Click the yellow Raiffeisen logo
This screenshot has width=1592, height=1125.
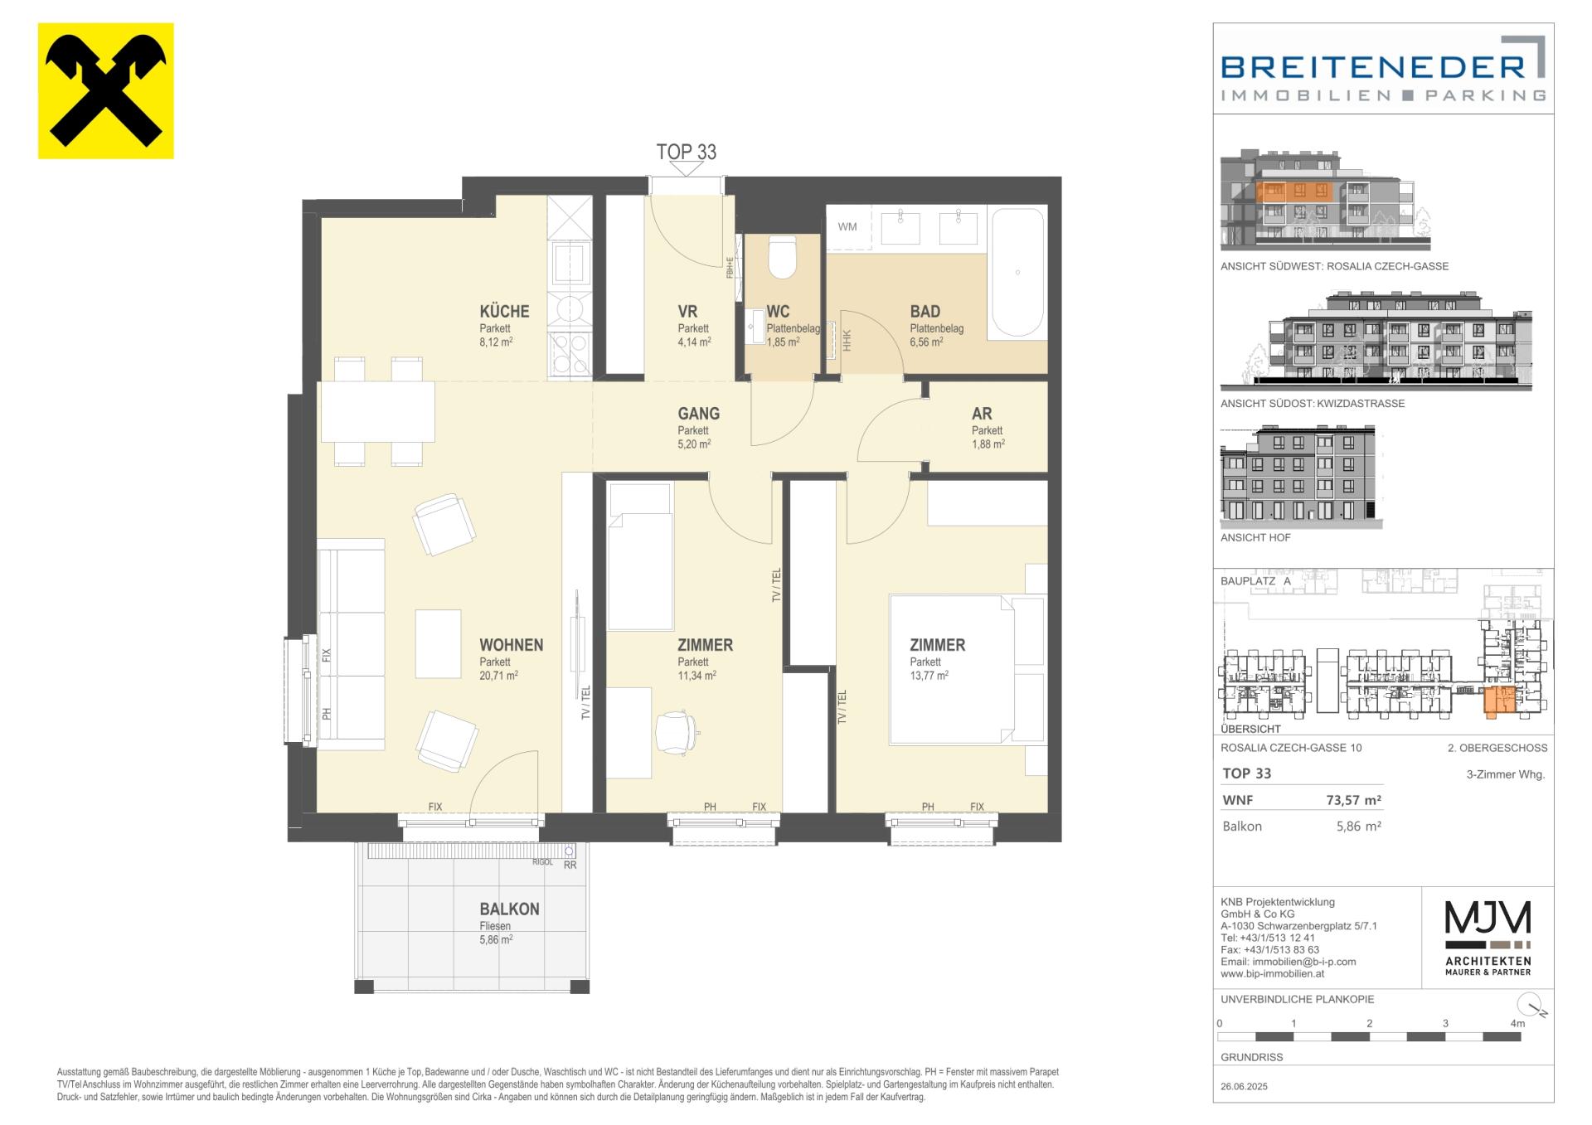(106, 90)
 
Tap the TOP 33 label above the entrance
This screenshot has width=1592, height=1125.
(686, 152)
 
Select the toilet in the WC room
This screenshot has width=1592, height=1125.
(783, 257)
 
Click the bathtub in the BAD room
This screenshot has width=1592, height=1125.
(1017, 272)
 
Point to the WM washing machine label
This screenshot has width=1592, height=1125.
(847, 226)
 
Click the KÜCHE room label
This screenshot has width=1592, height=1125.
(504, 312)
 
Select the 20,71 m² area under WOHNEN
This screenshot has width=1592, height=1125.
(498, 676)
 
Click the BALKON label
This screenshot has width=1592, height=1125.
(509, 909)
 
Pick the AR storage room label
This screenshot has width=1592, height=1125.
(982, 413)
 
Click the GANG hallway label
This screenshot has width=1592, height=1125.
(698, 413)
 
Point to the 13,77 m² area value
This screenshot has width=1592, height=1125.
(929, 676)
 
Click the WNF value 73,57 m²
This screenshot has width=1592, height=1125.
(1353, 800)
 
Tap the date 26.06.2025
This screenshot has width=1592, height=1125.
(1244, 1086)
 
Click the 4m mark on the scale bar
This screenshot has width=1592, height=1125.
(1517, 1023)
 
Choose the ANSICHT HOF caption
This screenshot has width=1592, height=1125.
(1255, 537)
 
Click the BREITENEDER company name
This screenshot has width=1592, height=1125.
(1373, 66)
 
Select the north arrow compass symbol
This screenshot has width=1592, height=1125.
(1535, 1005)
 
